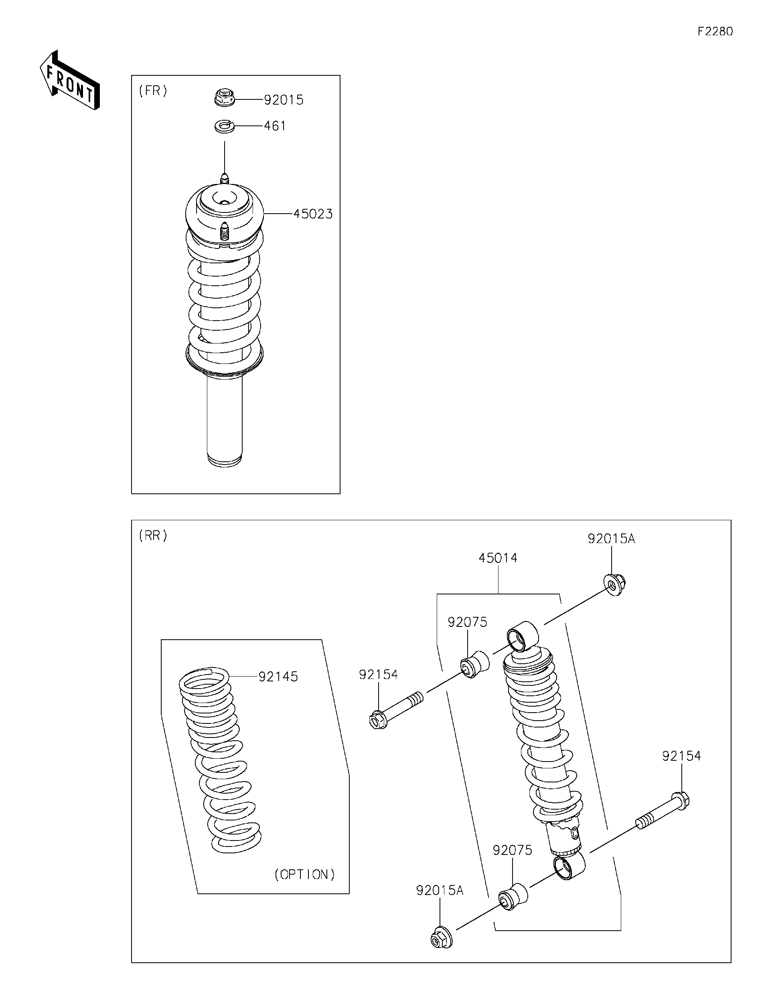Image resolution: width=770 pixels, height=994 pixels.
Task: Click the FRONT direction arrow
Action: [69, 81]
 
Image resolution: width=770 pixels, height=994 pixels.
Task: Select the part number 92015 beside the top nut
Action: [284, 100]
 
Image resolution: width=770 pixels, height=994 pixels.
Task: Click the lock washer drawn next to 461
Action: [224, 126]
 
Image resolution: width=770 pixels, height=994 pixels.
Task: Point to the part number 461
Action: [275, 126]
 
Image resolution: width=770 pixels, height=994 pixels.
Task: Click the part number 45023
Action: [313, 214]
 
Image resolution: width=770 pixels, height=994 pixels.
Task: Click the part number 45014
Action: [498, 558]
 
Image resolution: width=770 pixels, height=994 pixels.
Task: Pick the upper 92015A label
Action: [611, 538]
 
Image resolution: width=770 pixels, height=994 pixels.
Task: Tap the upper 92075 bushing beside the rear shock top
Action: [475, 665]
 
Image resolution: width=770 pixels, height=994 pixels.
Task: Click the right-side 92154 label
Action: [681, 756]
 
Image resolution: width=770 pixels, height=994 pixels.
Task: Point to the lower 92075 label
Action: [512, 850]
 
